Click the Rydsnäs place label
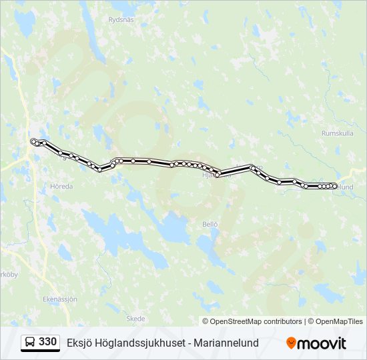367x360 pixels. [121, 19]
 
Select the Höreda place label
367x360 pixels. [61, 187]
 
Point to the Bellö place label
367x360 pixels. [210, 224]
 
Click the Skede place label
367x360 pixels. [135, 319]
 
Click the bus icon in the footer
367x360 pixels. [30, 343]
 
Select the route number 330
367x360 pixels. [48, 342]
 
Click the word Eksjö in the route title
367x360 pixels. [79, 343]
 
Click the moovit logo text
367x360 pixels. [322, 343]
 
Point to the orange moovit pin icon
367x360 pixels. [292, 343]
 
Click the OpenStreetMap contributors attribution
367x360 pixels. [256, 321]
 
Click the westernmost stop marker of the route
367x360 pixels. [33, 141]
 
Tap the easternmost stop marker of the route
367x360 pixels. [335, 186]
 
